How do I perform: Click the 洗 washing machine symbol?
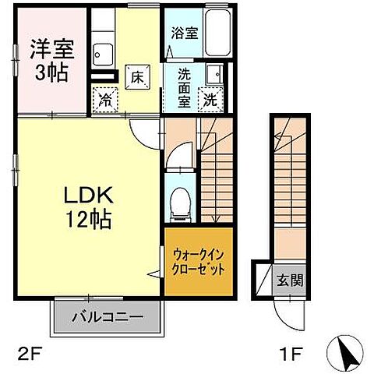coord(211,99)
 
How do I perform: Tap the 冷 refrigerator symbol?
coord(104,99)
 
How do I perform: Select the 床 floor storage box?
coord(136,76)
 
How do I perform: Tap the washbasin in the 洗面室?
coord(215,75)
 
